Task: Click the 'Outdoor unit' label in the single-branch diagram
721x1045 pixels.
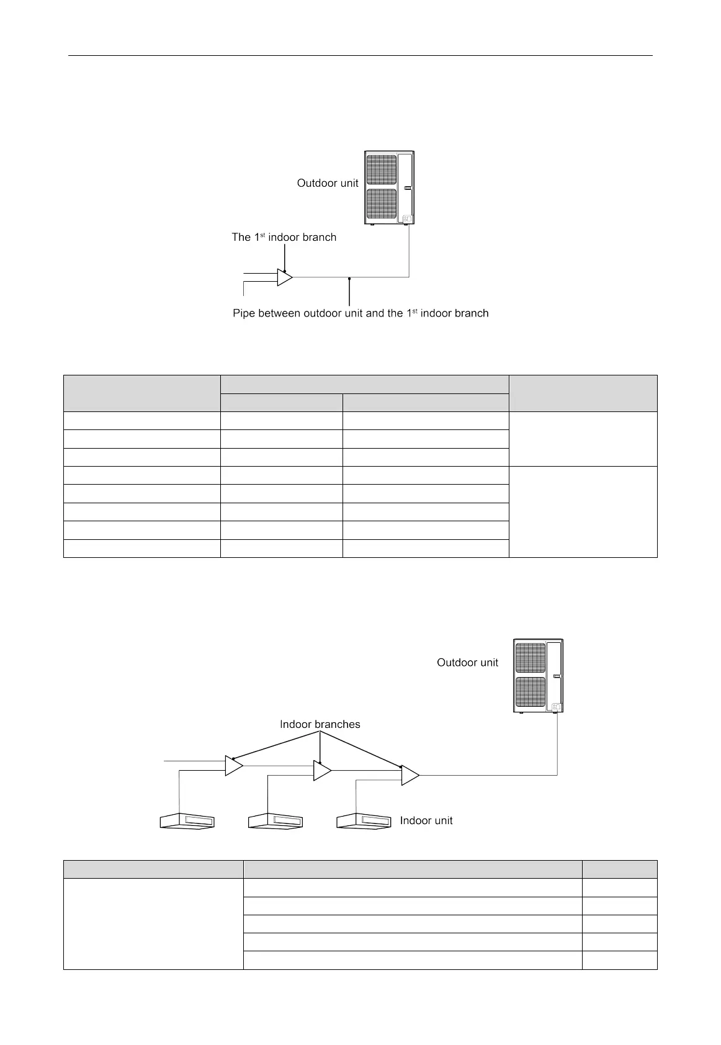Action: [x=328, y=183]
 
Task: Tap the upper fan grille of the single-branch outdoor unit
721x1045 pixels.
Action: [x=381, y=169]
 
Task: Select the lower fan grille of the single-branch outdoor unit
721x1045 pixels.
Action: [x=381, y=204]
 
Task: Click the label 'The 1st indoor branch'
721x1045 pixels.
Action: [x=284, y=237]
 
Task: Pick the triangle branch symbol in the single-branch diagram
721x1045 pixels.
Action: [x=284, y=277]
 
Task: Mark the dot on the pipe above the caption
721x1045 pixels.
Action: [x=350, y=279]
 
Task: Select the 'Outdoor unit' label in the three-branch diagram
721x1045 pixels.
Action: [x=467, y=663]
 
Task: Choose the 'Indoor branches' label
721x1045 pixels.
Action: [x=320, y=724]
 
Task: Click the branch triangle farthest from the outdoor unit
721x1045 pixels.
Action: [x=233, y=766]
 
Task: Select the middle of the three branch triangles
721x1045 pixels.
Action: [x=321, y=771]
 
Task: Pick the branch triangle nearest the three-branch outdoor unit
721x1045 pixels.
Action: [x=410, y=776]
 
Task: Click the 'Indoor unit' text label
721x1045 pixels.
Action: [x=426, y=820]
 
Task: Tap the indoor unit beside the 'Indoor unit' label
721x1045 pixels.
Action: [x=364, y=821]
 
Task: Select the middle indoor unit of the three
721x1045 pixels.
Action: [x=276, y=821]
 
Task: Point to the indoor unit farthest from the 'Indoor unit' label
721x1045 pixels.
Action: [x=187, y=821]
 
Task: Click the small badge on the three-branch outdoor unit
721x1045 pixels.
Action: [x=556, y=707]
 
